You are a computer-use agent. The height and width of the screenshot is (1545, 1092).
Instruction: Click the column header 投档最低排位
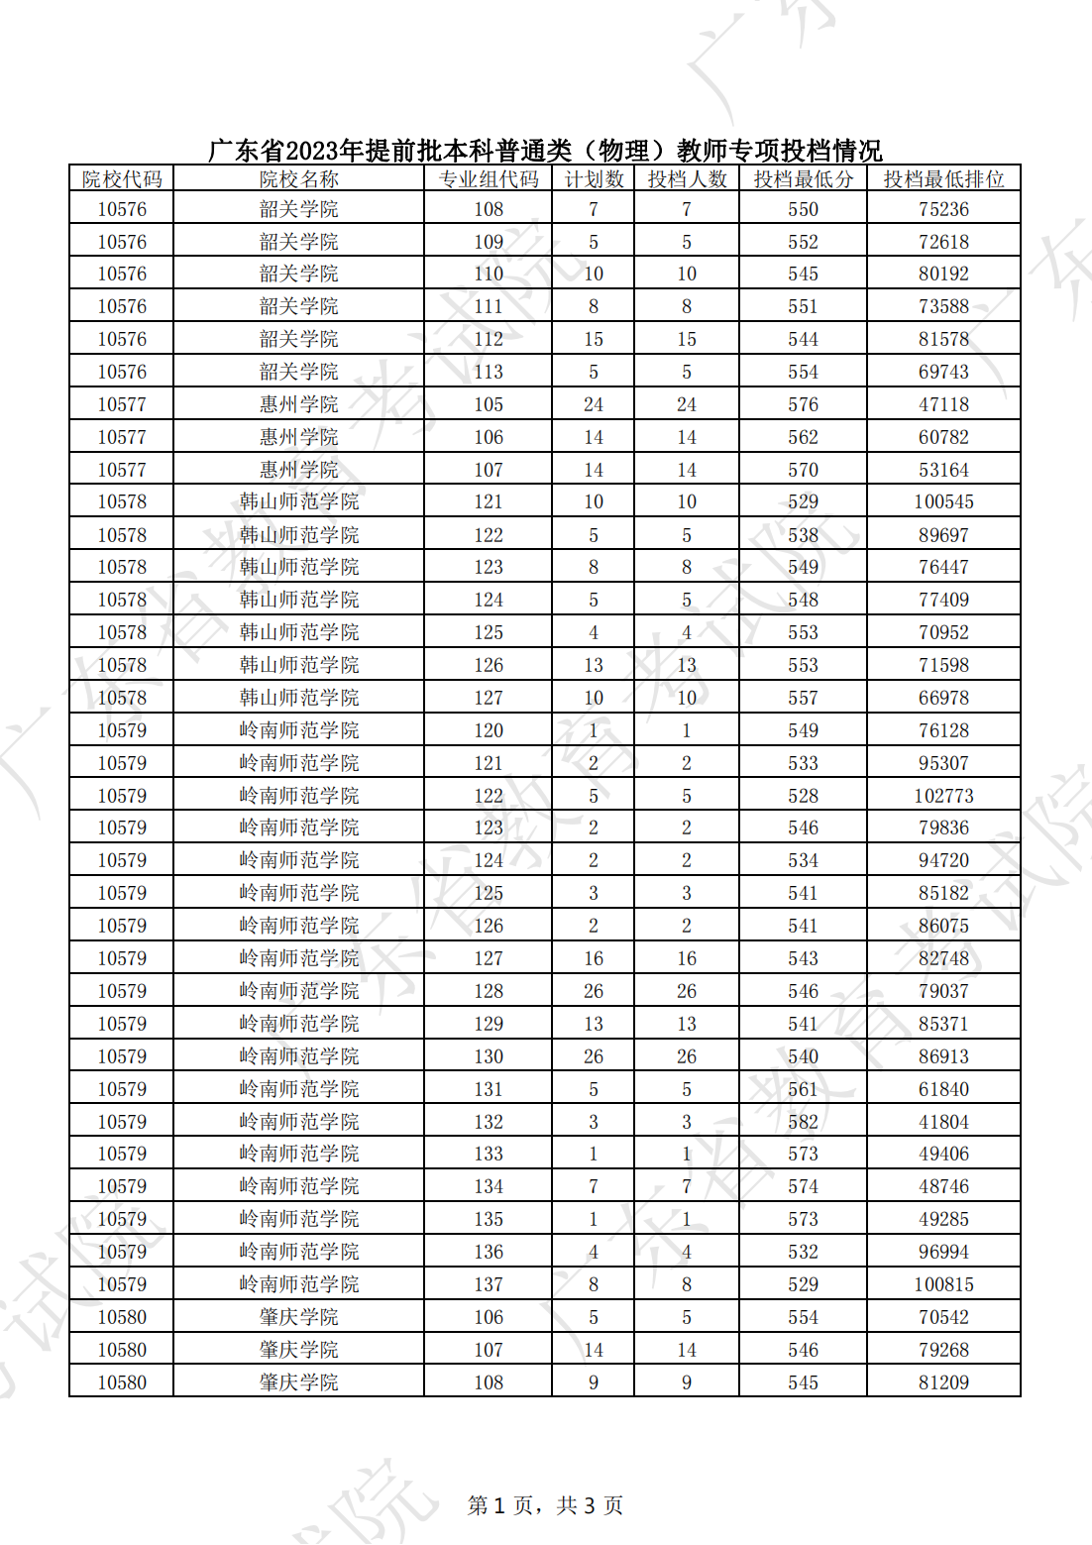943,179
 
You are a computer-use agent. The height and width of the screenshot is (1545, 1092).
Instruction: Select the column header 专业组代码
489,179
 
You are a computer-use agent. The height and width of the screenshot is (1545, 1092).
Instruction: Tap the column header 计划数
594,179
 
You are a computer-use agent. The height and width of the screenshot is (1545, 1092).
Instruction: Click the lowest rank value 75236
943,209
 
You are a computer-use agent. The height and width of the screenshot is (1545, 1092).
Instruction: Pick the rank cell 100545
943,501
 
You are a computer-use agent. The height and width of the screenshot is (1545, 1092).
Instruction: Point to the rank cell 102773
943,796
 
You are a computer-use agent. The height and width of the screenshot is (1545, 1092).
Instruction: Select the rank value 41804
943,1122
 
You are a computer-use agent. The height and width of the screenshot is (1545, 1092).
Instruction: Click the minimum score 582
803,1122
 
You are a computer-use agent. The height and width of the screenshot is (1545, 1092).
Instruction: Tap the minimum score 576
803,404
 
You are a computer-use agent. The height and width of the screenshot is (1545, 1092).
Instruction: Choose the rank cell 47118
943,404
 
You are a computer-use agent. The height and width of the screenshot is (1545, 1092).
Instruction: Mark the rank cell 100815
943,1284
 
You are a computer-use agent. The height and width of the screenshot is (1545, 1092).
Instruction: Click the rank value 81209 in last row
943,1382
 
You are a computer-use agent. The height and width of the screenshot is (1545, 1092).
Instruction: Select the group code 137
489,1284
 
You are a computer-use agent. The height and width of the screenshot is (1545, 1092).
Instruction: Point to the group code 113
489,372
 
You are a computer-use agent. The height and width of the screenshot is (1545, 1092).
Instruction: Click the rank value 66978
943,698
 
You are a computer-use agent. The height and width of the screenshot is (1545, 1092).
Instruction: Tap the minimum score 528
803,796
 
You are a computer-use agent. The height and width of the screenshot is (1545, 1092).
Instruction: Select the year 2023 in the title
312,152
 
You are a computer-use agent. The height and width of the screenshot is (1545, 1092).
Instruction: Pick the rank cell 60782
943,437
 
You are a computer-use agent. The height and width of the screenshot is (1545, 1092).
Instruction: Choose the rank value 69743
943,372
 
